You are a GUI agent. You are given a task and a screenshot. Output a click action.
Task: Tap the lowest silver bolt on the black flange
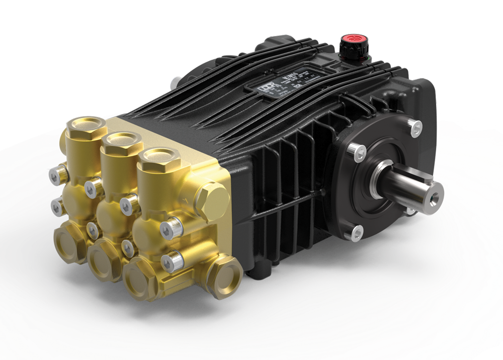tap(356, 231)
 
